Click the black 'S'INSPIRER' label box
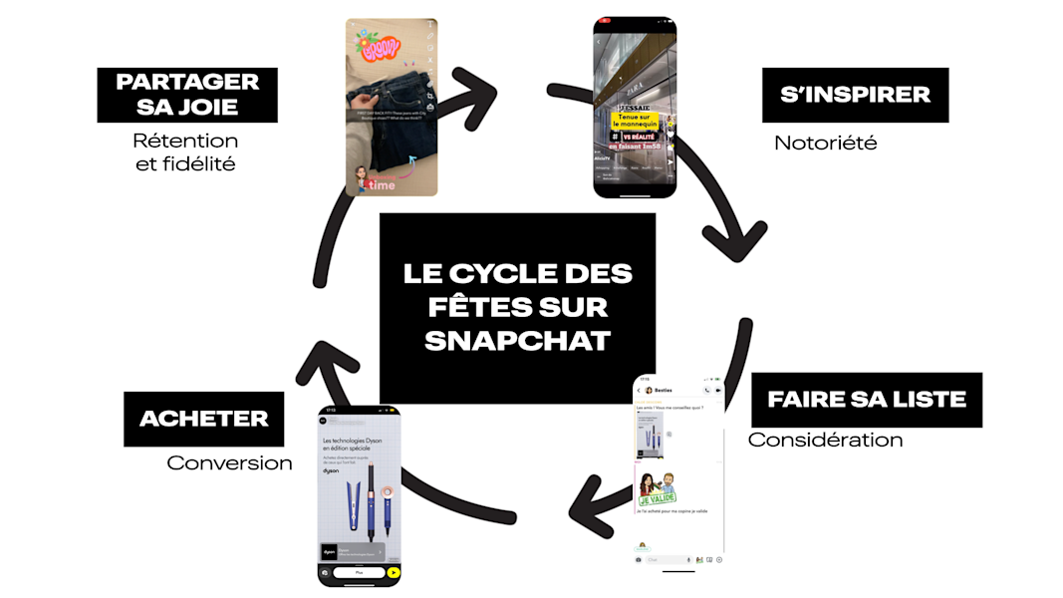coord(855,95)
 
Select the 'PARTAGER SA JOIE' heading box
coord(187,95)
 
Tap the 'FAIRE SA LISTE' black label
coord(866,400)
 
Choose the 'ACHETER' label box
coord(203,419)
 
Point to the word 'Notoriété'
coord(825,143)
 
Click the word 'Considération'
coord(825,440)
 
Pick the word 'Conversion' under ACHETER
coord(229,462)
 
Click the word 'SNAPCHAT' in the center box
coord(517,340)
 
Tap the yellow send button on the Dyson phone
coord(394,573)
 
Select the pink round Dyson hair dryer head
coord(383,492)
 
